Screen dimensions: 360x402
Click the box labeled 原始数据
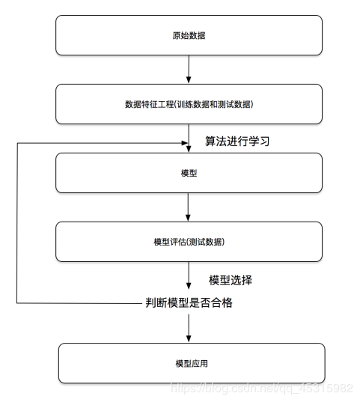(189, 35)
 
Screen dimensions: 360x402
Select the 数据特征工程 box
(189, 104)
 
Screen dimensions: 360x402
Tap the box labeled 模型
(189, 173)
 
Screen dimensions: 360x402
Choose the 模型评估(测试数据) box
(189, 242)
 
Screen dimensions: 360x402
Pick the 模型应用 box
(192, 363)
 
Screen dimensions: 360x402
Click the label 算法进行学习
(237, 141)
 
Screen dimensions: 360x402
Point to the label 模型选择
(231, 280)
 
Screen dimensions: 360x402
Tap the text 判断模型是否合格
(189, 302)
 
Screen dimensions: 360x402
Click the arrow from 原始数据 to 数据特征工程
(189, 69)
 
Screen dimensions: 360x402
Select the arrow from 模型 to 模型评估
(188, 207)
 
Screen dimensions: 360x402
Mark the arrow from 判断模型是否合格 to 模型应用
(189, 328)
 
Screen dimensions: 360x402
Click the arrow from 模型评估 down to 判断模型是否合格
(189, 275)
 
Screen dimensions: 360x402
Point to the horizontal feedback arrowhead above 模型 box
(185, 143)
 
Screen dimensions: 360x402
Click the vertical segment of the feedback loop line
(17, 223)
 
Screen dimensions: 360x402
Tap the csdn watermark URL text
(261, 389)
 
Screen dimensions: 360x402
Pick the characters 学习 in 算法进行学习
(259, 141)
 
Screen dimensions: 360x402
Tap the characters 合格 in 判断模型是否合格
(222, 302)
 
